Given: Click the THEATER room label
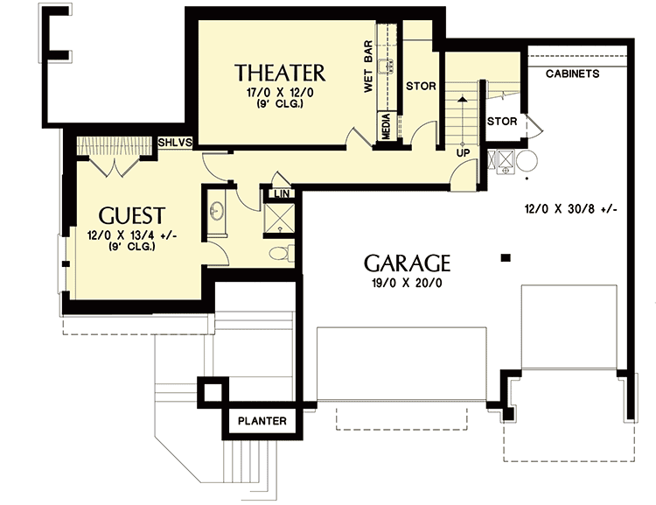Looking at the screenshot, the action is (x=280, y=73).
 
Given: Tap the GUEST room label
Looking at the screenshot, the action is (x=132, y=215).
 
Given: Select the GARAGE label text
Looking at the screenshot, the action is (x=407, y=263).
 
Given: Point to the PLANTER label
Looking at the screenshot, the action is (x=262, y=421).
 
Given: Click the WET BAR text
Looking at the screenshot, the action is (x=368, y=67).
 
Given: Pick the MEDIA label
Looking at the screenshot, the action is (x=386, y=126).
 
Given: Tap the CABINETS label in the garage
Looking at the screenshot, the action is (x=572, y=74).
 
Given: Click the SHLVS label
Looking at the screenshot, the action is (x=175, y=143).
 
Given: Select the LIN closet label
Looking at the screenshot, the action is (x=282, y=193).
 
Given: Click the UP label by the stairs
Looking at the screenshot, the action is (x=463, y=153).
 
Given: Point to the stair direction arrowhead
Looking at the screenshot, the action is (x=463, y=99).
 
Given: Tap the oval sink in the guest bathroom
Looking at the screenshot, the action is (x=217, y=210).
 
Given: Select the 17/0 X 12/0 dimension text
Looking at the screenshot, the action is (x=280, y=93).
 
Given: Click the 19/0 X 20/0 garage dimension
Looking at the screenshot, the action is (x=407, y=284).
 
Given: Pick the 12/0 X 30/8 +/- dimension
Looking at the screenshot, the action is (x=570, y=208).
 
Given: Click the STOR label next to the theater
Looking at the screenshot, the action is (x=421, y=87).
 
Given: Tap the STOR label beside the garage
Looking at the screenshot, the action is (x=502, y=122).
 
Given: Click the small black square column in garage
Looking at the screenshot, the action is (x=506, y=258).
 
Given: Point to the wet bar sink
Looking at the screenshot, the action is (x=387, y=66).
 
